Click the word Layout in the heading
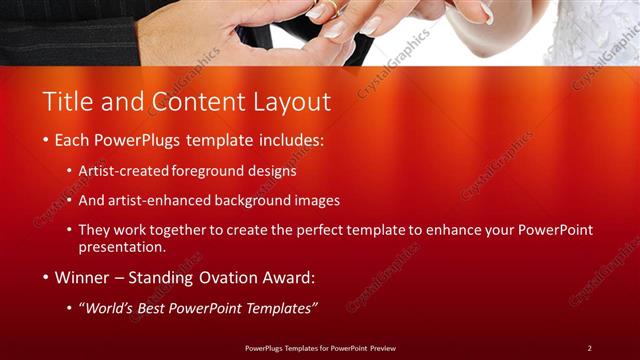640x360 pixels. click(295, 101)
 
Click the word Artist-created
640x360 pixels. click(123, 171)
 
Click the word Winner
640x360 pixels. click(84, 276)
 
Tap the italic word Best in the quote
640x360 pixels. click(153, 306)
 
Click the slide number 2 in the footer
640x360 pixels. click(589, 348)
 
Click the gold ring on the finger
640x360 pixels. click(330, 7)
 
